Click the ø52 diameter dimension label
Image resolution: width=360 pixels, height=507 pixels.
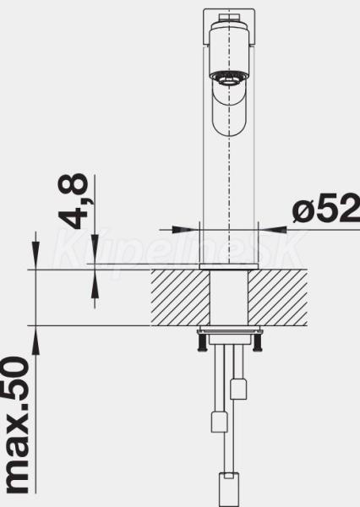click(x=325, y=208)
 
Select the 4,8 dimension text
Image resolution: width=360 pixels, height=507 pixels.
click(x=74, y=201)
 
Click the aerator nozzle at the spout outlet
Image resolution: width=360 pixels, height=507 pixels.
click(x=229, y=79)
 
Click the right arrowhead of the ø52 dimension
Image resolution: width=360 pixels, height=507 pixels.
click(x=273, y=230)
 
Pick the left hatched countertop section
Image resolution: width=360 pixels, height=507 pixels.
click(x=180, y=297)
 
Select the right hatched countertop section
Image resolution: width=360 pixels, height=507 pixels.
click(x=278, y=297)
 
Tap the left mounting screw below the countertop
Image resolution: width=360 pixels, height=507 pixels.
click(x=202, y=342)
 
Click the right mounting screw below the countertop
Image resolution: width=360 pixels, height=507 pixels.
click(x=258, y=342)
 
